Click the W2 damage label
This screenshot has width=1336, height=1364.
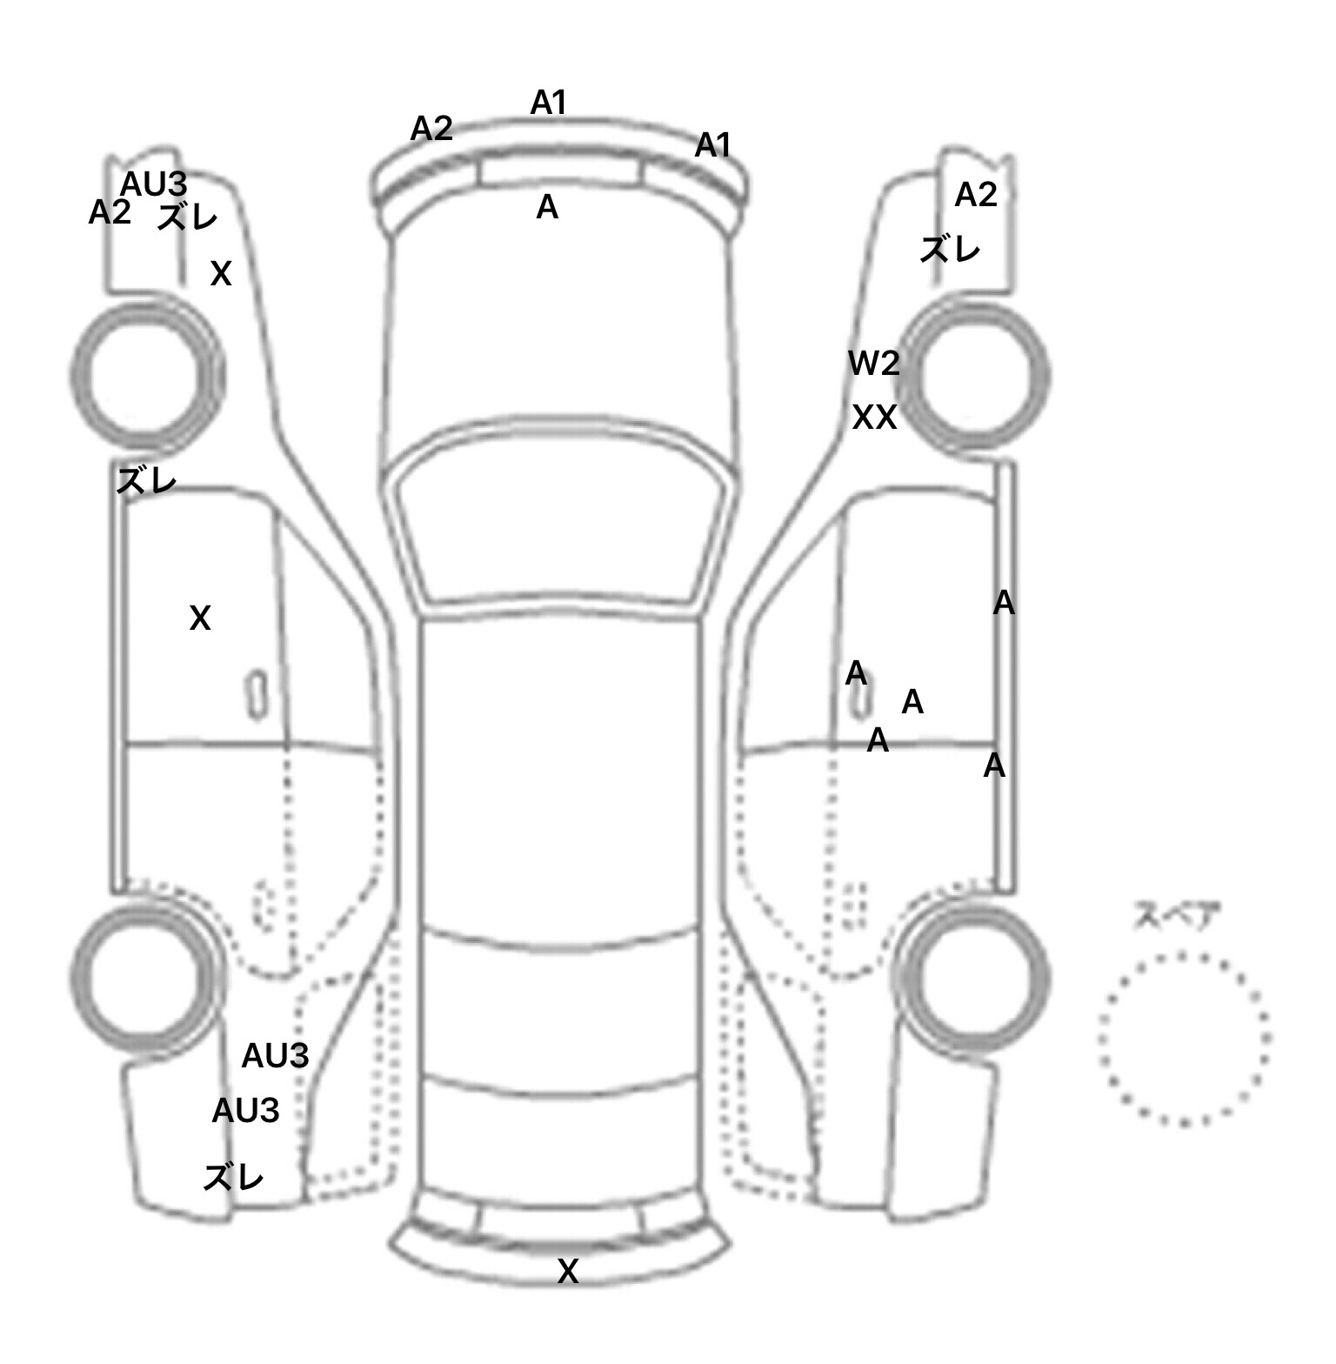pyautogui.click(x=874, y=363)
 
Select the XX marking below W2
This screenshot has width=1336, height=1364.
pyautogui.click(x=874, y=418)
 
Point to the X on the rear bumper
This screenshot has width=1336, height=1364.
pyautogui.click(x=567, y=1272)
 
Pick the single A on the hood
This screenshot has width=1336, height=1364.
pyautogui.click(x=547, y=207)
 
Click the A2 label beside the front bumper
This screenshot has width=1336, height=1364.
pyautogui.click(x=431, y=129)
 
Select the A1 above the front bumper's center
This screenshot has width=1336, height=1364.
pyautogui.click(x=548, y=103)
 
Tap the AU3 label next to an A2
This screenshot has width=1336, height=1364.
pyautogui.click(x=153, y=184)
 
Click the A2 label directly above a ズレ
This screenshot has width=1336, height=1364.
pyautogui.click(x=976, y=195)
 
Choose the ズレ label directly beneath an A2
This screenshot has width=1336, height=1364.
pyautogui.click(x=950, y=251)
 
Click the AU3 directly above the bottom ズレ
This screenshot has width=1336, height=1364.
pyautogui.click(x=245, y=1110)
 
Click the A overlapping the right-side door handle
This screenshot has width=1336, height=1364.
pyautogui.click(x=856, y=673)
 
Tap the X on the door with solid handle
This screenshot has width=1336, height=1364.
pyautogui.click(x=200, y=618)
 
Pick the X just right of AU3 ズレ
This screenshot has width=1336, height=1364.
pyautogui.click(x=221, y=274)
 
